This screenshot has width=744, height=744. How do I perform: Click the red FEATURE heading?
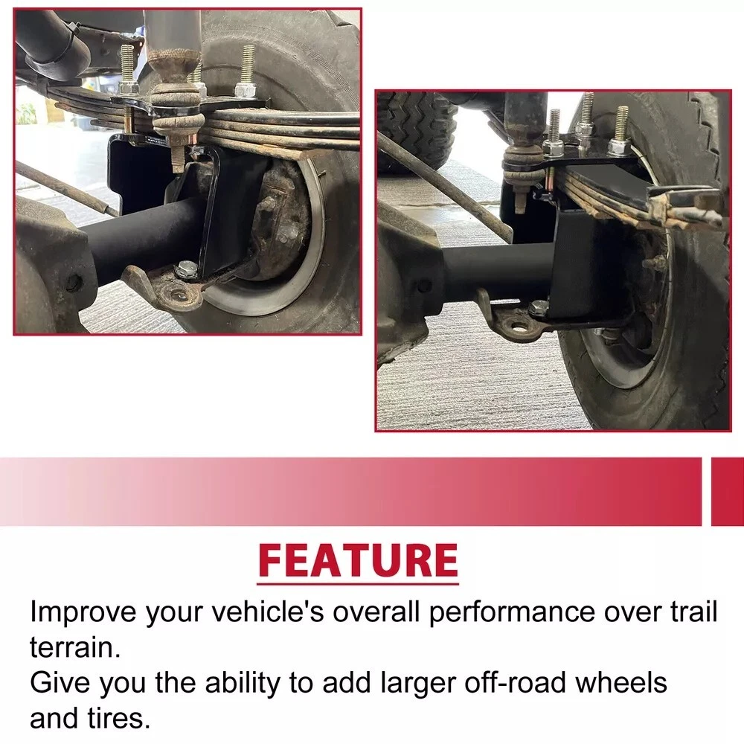click(x=359, y=560)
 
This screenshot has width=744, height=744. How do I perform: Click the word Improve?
click(x=83, y=612)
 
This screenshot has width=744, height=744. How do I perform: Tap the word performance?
click(x=512, y=612)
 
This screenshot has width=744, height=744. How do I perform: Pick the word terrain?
click(x=75, y=648)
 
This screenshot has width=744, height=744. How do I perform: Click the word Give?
click(x=60, y=683)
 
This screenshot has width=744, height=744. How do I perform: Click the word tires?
click(x=119, y=719)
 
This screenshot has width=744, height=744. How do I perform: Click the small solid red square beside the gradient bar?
click(x=728, y=492)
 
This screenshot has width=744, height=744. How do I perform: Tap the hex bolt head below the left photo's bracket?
click(x=183, y=270)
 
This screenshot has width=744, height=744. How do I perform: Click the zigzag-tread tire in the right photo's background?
click(x=417, y=130)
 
